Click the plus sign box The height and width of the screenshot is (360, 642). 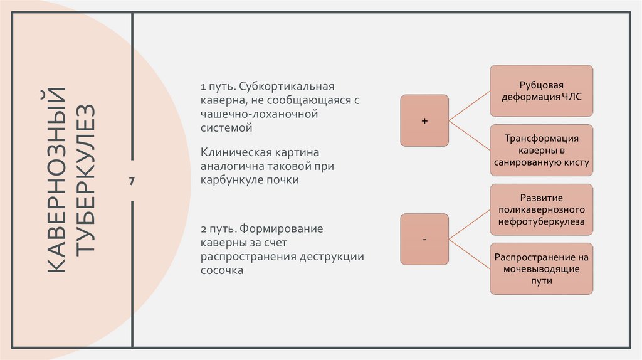424,120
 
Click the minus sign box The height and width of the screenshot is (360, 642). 424,240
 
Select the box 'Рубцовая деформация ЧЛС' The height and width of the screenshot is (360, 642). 541,90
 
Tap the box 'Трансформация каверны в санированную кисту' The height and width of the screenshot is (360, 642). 541,150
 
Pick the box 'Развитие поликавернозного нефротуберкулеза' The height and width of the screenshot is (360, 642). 541,209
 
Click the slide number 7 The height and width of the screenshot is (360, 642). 132,181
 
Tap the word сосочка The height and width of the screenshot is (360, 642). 221,270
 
